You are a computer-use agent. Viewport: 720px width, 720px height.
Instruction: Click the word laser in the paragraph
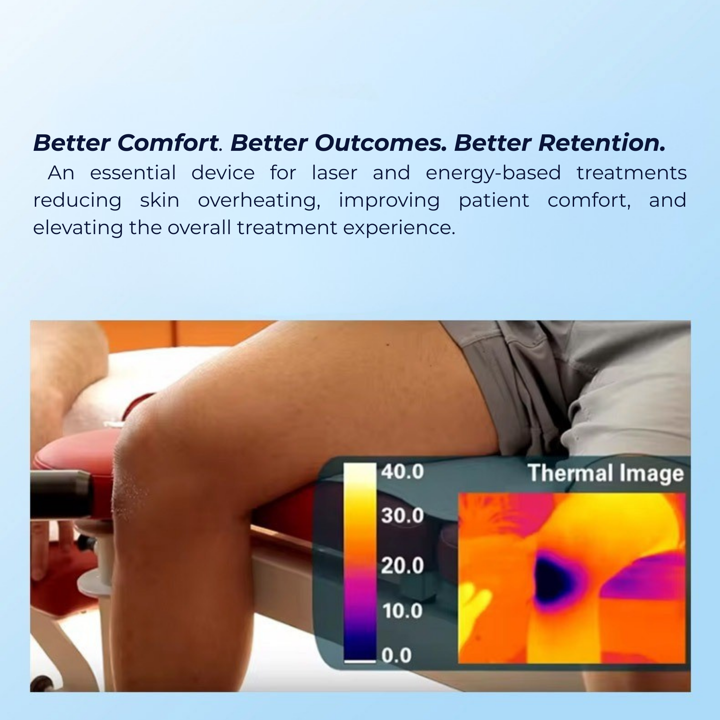[x=334, y=173]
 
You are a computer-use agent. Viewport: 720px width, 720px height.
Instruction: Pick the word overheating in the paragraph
[x=259, y=201]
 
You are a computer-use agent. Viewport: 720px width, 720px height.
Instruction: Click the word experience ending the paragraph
[x=399, y=228]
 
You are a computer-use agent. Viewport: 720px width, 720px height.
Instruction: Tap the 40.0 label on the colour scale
[x=402, y=471]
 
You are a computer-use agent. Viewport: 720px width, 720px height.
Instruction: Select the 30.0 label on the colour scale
[x=402, y=515]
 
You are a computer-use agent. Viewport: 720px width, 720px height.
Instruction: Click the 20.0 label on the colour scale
[x=402, y=565]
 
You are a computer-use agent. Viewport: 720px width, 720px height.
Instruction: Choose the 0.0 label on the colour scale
[x=396, y=655]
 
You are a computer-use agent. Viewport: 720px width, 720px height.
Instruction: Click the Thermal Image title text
[x=606, y=473]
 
